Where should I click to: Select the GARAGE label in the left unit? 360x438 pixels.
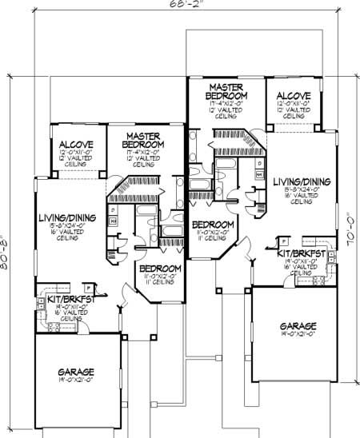75,372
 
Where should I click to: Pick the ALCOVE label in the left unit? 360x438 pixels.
74,145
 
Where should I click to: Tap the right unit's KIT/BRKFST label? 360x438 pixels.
301,253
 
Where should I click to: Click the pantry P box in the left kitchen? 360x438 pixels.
92,286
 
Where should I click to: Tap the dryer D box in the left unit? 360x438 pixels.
112,210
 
